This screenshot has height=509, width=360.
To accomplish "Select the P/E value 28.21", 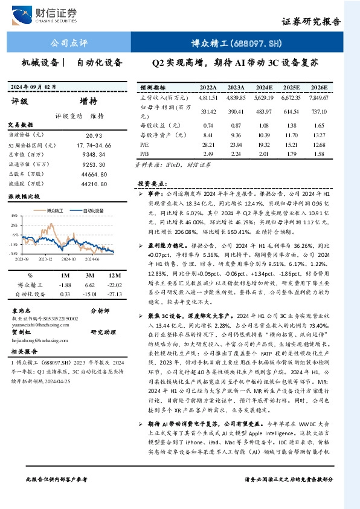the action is (x=208, y=145).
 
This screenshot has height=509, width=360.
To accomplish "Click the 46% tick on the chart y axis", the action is (x=13, y=215).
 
